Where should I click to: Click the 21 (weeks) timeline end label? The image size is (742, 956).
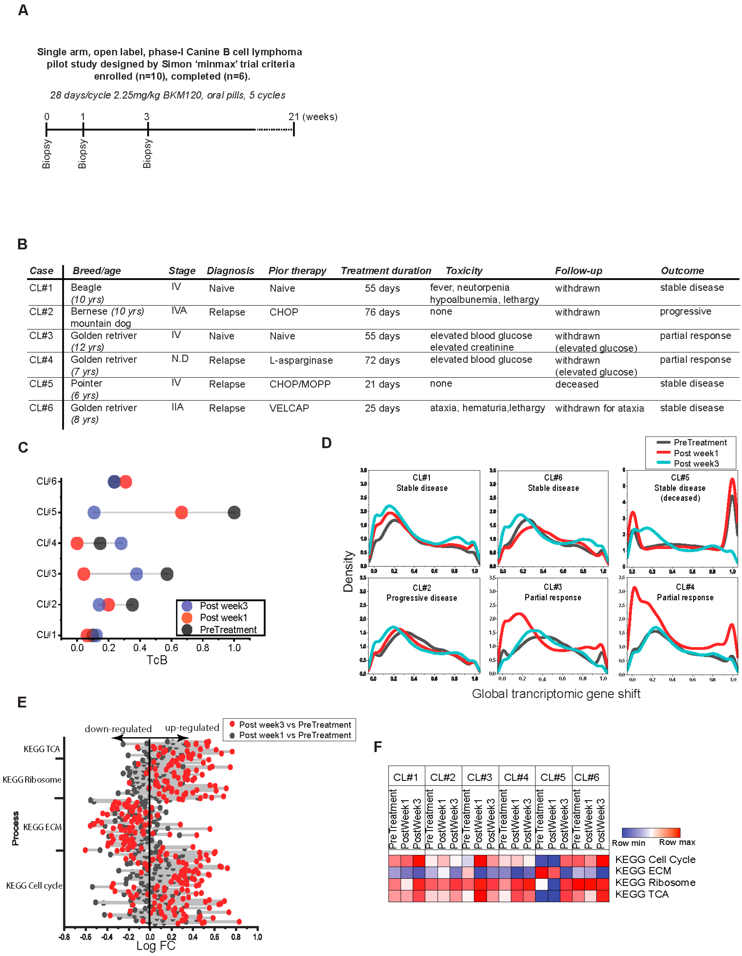312,117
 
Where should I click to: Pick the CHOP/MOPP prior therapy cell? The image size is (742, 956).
300,384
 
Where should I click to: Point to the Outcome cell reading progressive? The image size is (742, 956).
685,312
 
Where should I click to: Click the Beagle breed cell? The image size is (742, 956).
86,288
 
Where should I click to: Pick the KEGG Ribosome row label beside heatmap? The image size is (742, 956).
655,883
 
